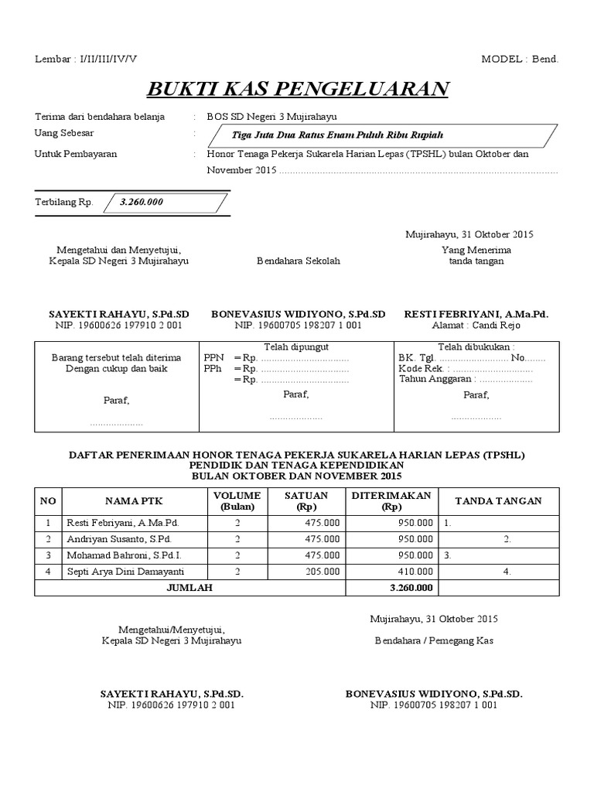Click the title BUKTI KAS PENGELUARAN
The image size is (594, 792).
coord(298,89)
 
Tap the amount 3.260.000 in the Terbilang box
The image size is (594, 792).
coord(142,203)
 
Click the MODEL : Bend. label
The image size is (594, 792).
coord(519,59)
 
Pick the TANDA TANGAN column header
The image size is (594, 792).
coord(498,501)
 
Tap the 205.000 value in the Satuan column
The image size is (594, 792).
coord(323,572)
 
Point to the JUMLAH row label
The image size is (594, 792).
coord(189,588)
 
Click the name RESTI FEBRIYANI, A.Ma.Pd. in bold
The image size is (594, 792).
coord(476,315)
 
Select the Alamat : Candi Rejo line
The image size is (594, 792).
coord(476,326)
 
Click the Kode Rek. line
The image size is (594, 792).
coord(464,369)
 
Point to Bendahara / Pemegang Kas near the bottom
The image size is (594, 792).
coord(434,640)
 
